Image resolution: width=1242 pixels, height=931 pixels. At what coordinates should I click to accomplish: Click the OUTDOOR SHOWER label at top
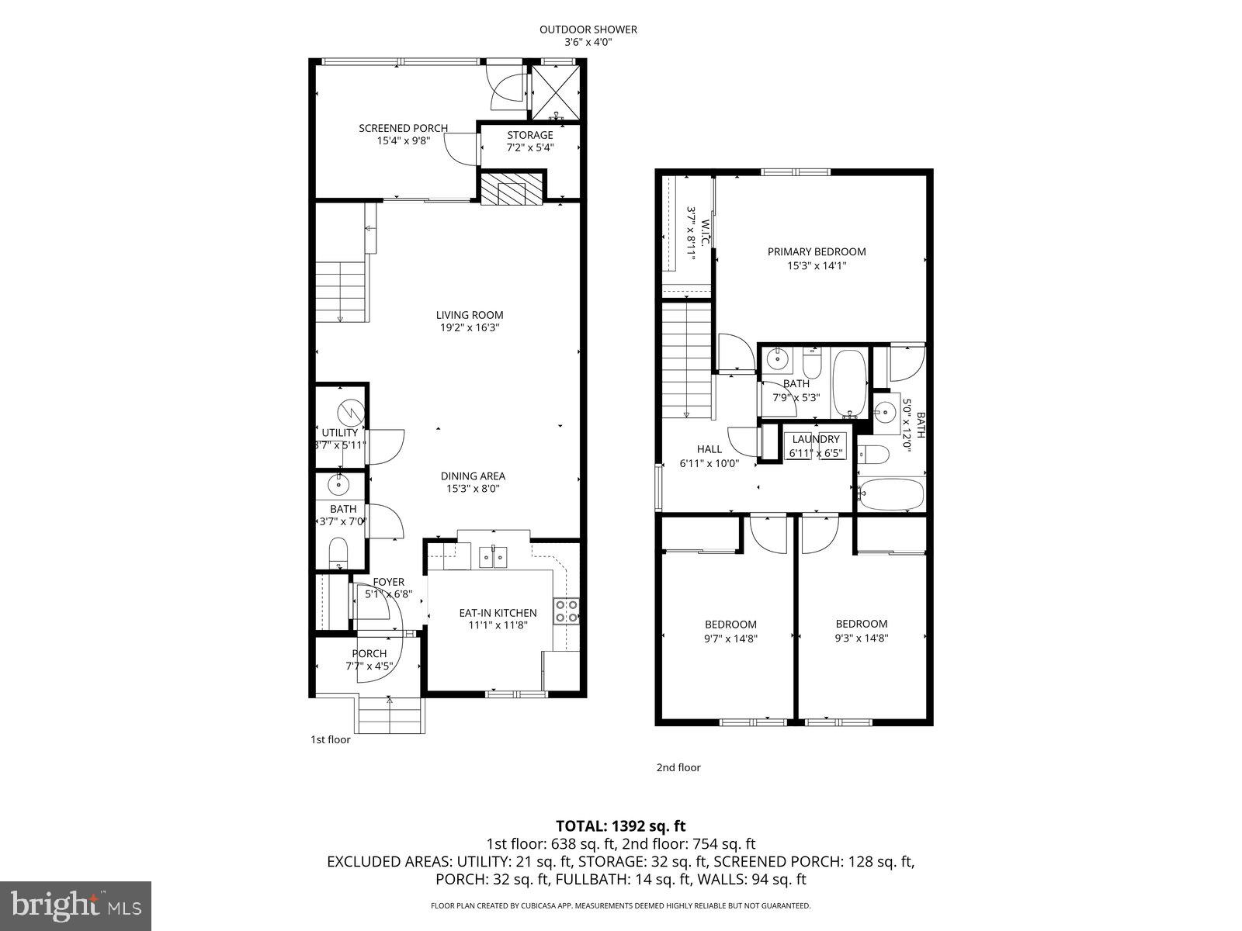pyautogui.click(x=588, y=29)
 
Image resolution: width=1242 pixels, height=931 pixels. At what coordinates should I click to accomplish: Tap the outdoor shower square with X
pyautogui.click(x=556, y=92)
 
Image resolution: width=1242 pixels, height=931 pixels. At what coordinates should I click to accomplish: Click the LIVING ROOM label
pyautogui.click(x=469, y=315)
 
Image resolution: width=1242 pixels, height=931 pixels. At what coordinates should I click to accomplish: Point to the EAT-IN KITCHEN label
pyautogui.click(x=498, y=613)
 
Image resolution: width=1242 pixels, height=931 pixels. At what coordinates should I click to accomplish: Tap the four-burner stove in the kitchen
pyautogui.click(x=566, y=611)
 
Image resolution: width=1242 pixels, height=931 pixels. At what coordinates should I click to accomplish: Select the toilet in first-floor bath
pyautogui.click(x=339, y=552)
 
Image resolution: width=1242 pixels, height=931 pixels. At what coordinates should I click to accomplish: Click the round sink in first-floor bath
pyautogui.click(x=339, y=486)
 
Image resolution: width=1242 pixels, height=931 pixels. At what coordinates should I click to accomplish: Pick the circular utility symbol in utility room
pyautogui.click(x=349, y=409)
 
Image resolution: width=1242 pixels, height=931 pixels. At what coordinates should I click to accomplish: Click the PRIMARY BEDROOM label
pyautogui.click(x=817, y=251)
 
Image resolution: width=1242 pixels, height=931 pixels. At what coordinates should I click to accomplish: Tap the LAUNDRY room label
pyautogui.click(x=816, y=439)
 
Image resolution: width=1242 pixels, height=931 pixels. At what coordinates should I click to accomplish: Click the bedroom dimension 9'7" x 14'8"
pyautogui.click(x=730, y=639)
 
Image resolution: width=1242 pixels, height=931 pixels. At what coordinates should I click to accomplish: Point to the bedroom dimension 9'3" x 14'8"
pyautogui.click(x=862, y=639)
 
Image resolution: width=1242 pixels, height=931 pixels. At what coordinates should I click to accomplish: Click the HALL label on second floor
pyautogui.click(x=709, y=449)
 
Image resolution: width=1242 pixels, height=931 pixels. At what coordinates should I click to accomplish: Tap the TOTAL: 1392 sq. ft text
pyautogui.click(x=620, y=826)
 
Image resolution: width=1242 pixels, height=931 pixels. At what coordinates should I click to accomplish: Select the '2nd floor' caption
pyautogui.click(x=678, y=767)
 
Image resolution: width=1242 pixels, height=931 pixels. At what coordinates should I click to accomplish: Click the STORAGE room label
pyautogui.click(x=530, y=135)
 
